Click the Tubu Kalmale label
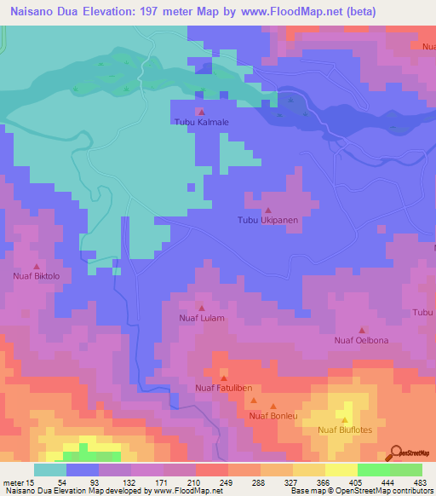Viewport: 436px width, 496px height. (x=202, y=122)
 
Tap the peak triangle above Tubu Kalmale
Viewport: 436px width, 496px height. (x=202, y=112)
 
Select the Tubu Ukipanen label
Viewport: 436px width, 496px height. (x=267, y=220)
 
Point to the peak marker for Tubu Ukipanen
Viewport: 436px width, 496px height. (x=268, y=210)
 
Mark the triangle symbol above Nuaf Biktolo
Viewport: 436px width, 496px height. (x=35, y=266)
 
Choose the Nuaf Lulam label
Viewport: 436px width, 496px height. (x=202, y=318)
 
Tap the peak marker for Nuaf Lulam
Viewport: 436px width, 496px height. (x=202, y=308)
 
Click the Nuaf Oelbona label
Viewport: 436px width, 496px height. (x=361, y=340)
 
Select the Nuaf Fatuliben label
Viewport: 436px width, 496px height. (x=224, y=389)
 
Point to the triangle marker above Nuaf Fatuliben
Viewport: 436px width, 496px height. (x=224, y=378)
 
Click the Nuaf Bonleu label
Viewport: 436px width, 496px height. (x=272, y=416)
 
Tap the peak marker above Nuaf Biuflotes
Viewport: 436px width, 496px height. (x=345, y=420)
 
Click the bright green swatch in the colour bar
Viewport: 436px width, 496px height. (x=374, y=470)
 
